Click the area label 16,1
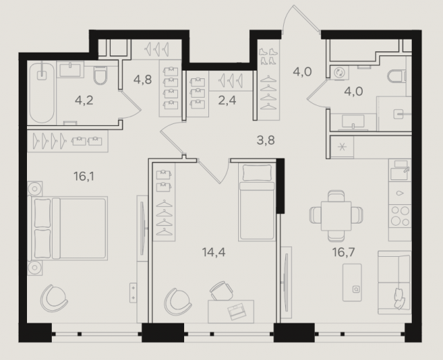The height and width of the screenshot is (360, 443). [x=84, y=177]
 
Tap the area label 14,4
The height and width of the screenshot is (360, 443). [x=214, y=252]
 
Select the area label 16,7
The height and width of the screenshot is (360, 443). [x=343, y=252]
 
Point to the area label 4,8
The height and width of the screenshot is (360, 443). [x=143, y=80]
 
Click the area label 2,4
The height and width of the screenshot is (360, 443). [x=227, y=100]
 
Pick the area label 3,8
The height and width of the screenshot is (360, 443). [x=266, y=140]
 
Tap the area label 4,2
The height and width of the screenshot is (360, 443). [x=84, y=100]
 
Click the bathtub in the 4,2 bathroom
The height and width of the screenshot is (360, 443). [x=42, y=93]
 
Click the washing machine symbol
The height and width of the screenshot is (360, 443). [x=338, y=72]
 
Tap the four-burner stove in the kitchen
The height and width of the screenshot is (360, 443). [x=399, y=216]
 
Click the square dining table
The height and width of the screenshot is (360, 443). [x=336, y=216]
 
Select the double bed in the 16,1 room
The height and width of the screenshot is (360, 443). [x=68, y=228]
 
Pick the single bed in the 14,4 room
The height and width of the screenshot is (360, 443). [x=257, y=202]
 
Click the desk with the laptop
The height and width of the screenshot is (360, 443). [x=230, y=312]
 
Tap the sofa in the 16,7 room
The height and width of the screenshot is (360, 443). [x=395, y=282]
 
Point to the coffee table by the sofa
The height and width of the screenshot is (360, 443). [x=352, y=282]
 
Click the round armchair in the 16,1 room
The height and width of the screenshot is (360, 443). [x=54, y=298]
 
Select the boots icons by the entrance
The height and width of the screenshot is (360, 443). [x=268, y=56]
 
